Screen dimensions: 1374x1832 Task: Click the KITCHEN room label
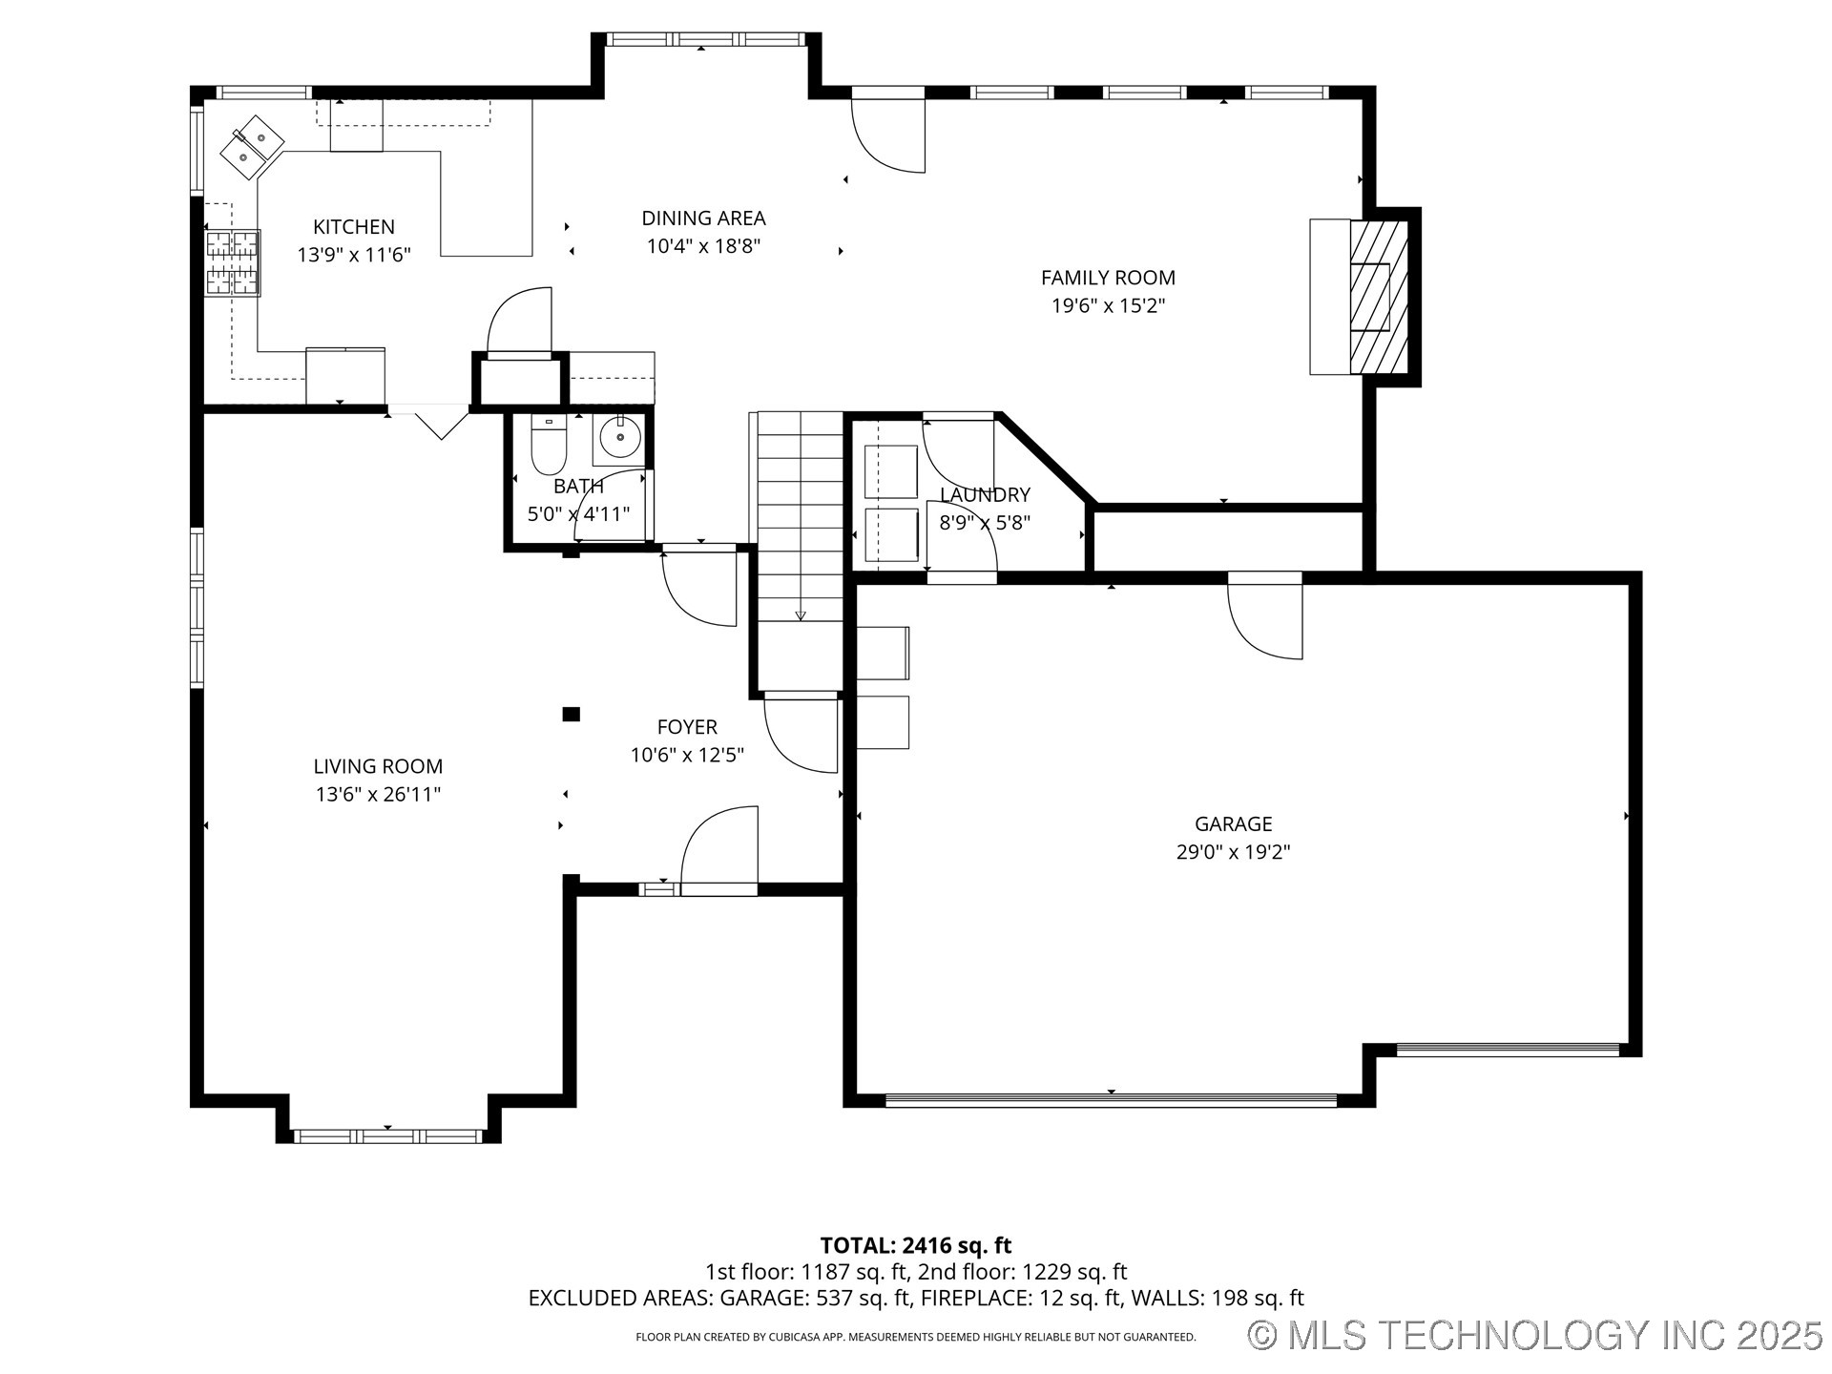click(354, 227)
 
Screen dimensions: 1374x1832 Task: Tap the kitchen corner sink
click(253, 147)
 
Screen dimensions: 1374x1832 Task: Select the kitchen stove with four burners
click(233, 262)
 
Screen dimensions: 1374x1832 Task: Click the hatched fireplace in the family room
click(1379, 297)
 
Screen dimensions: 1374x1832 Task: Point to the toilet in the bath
click(548, 449)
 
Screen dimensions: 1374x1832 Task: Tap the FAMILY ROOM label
click(1108, 278)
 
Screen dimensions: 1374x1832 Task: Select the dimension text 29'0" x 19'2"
click(1233, 852)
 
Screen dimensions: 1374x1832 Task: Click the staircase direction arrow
click(801, 615)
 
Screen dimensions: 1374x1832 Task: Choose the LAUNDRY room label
click(985, 494)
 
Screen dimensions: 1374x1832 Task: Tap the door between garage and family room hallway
click(1265, 616)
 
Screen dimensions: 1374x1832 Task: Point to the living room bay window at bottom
click(388, 1135)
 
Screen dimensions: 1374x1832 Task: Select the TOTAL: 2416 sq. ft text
click(915, 1245)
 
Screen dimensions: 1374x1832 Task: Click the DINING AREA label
click(703, 219)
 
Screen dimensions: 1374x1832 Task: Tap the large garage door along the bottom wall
click(1111, 1100)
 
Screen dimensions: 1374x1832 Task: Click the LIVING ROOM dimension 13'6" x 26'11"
click(378, 794)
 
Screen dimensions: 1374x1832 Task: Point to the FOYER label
click(687, 727)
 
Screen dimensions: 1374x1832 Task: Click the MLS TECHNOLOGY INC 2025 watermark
click(1535, 1334)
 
